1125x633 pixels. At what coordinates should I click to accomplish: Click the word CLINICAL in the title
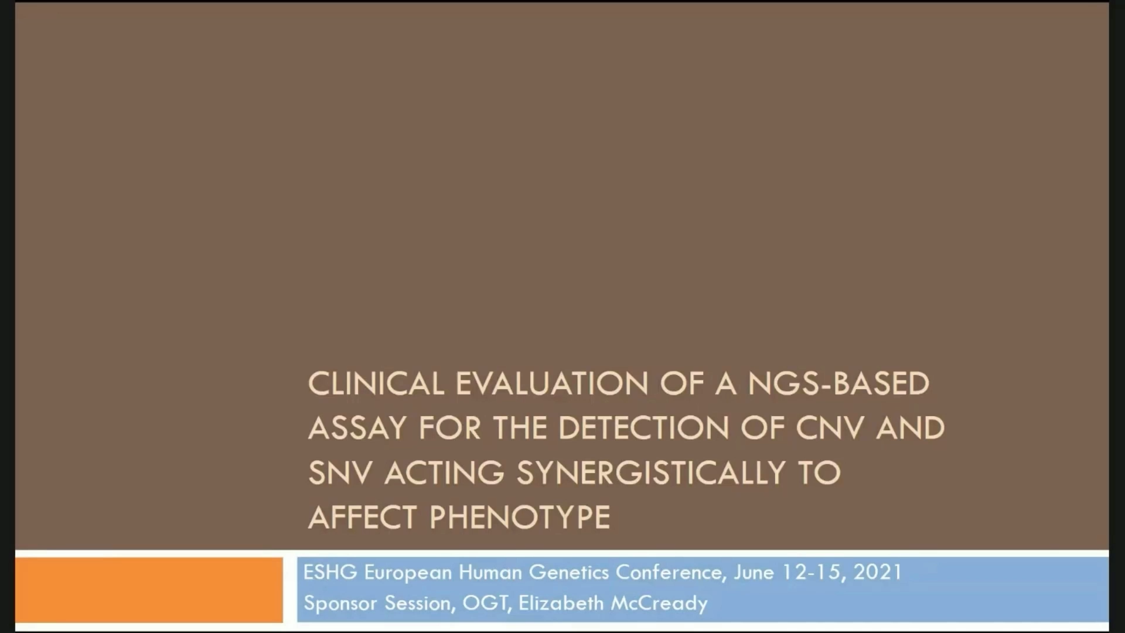[x=376, y=384]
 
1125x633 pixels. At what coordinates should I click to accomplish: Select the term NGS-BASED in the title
[x=838, y=384]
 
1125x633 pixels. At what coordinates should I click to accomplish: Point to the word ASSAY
[x=357, y=428]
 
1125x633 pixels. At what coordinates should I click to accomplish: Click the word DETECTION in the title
[x=643, y=428]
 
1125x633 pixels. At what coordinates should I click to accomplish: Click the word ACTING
[x=444, y=473]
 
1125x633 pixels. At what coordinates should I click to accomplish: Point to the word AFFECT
[x=363, y=518]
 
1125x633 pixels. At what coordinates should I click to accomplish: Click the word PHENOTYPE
[x=520, y=518]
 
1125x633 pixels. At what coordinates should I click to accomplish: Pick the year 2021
[x=878, y=572]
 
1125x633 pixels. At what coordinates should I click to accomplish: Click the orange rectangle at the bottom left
[x=149, y=590]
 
